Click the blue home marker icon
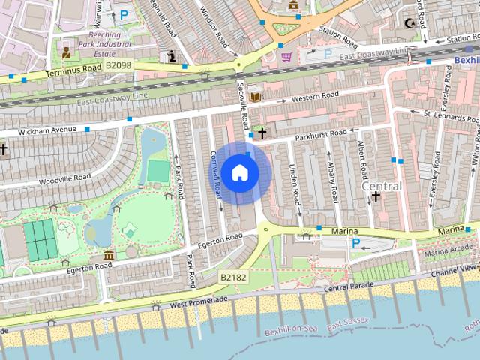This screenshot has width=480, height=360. [x=239, y=172]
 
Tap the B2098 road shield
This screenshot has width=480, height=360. [x=118, y=66]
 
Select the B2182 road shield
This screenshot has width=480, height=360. [x=233, y=277]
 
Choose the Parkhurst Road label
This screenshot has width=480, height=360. [x=320, y=133]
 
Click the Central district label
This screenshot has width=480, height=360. [x=381, y=185]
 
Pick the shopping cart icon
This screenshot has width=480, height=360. [x=286, y=56]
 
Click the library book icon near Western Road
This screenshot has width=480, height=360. [x=255, y=96]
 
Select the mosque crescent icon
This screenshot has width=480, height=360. [x=409, y=22]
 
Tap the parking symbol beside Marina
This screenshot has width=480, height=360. [x=355, y=243]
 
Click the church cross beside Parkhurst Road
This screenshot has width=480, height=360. [x=262, y=133]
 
